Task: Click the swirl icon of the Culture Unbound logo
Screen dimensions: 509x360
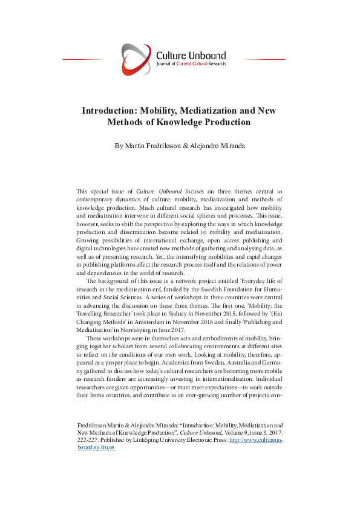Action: [x=134, y=59]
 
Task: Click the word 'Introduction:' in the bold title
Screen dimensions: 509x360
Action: [x=109, y=111]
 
